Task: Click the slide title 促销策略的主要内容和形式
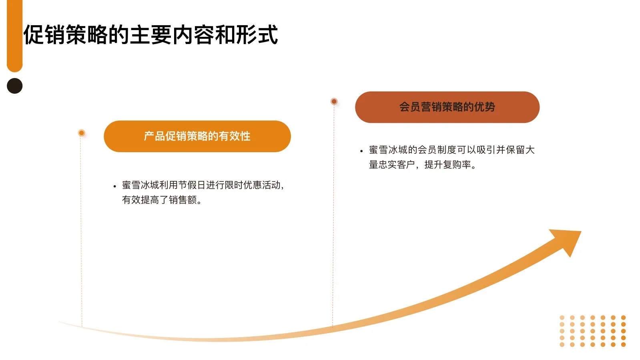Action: tap(150, 35)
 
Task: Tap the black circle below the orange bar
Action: tap(15, 86)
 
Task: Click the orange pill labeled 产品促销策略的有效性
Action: tap(197, 136)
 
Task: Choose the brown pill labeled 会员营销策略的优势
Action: tap(447, 107)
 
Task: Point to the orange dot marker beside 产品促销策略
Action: tap(82, 133)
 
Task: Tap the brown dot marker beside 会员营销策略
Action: tap(334, 101)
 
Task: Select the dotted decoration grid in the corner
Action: tap(592, 331)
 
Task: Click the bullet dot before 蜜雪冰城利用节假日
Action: tap(115, 186)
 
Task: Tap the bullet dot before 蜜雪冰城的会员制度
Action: tap(361, 151)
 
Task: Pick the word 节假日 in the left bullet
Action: tap(192, 185)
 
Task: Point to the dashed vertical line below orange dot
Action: tap(81, 228)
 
